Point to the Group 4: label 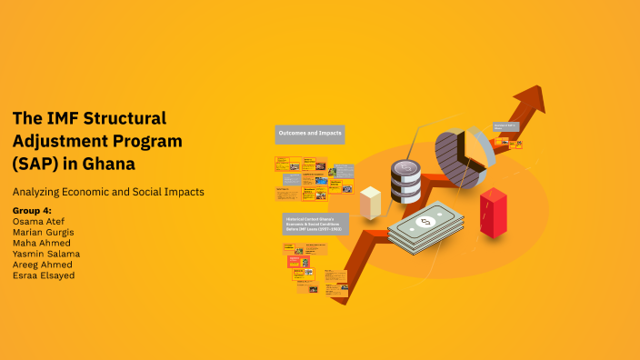[x=34, y=210]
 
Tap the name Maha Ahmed [x=43, y=243]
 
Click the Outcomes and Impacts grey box [x=309, y=135]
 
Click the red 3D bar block [x=494, y=213]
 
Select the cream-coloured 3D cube [x=370, y=203]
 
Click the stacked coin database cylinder [x=405, y=181]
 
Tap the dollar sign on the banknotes [x=425, y=222]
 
